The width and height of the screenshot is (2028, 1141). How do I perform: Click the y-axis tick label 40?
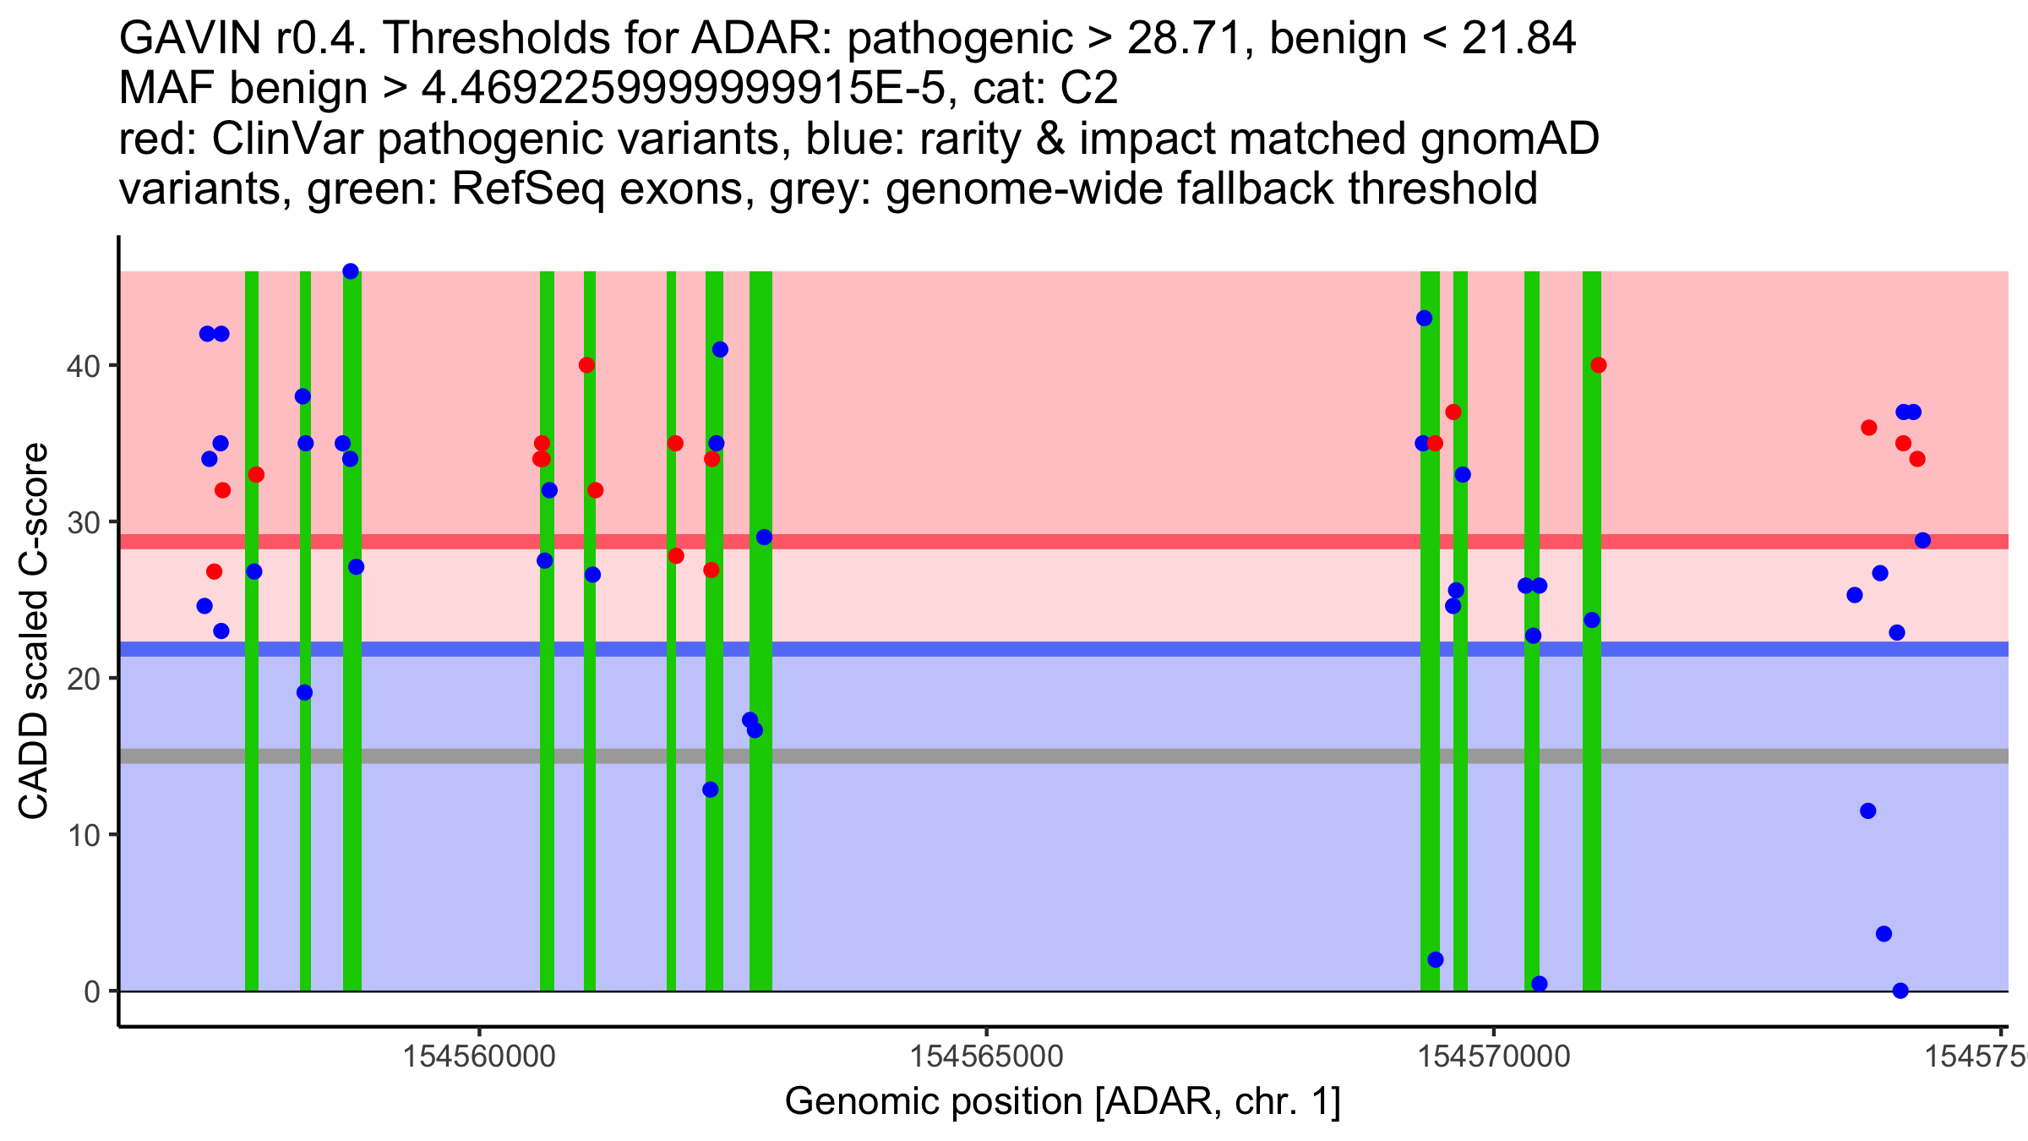pyautogui.click(x=83, y=366)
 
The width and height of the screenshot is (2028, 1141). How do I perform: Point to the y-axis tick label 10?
pyautogui.click(x=83, y=835)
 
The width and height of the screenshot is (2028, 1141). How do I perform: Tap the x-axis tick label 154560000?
pyautogui.click(x=479, y=1056)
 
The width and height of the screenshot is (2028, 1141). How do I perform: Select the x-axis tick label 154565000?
pyautogui.click(x=986, y=1056)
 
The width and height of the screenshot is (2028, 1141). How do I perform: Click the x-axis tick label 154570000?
pyautogui.click(x=1494, y=1056)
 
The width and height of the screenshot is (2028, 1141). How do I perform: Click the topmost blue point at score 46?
pyautogui.click(x=351, y=271)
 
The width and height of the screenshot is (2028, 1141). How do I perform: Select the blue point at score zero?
pyautogui.click(x=1900, y=991)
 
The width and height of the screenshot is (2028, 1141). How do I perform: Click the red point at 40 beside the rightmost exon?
pyautogui.click(x=1598, y=365)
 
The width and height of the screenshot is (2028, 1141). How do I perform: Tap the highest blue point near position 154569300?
pyautogui.click(x=1425, y=319)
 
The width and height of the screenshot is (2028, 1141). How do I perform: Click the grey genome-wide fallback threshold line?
pyautogui.click(x=1098, y=756)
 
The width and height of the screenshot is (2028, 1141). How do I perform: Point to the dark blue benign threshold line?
pyautogui.click(x=1098, y=649)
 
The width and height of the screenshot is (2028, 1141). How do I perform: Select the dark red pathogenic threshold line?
pyautogui.click(x=1098, y=541)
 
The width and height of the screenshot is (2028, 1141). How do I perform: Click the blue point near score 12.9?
pyautogui.click(x=711, y=789)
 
